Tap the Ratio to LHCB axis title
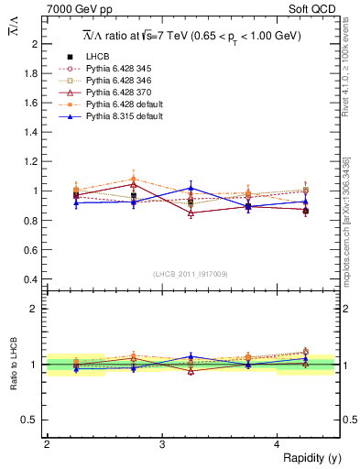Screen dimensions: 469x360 tap(14, 365)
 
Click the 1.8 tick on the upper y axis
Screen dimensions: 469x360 tap(35, 73)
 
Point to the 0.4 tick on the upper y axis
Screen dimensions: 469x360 tap(35, 278)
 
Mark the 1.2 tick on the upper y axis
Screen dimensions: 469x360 tap(35, 161)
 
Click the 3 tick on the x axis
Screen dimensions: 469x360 tap(162, 443)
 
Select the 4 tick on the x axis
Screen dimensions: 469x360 tap(278, 443)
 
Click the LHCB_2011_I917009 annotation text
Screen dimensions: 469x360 tap(191, 273)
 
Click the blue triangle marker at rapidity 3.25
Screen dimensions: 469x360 tap(191, 188)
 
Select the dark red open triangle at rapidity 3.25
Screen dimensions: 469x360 tap(191, 213)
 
